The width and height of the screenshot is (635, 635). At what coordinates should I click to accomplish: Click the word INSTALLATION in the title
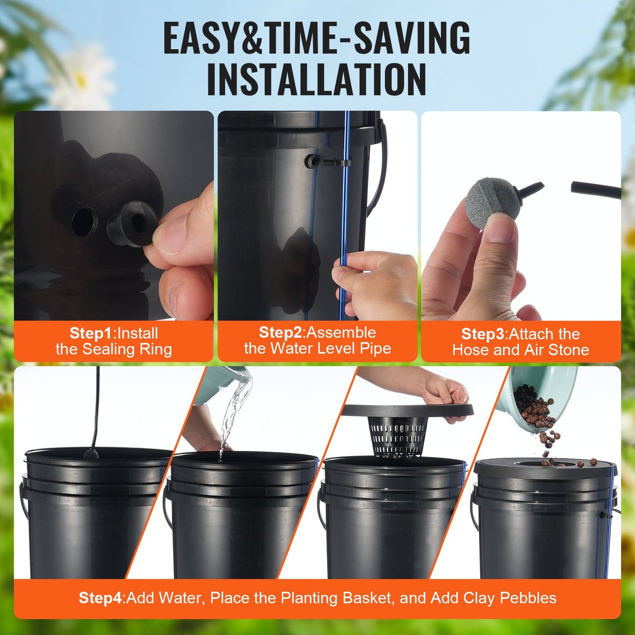(x=316, y=80)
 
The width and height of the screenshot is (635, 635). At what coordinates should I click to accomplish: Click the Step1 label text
(x=91, y=333)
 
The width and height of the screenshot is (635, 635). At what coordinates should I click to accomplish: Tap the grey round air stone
(x=489, y=200)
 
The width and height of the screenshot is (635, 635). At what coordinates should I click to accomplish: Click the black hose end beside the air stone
(x=595, y=189)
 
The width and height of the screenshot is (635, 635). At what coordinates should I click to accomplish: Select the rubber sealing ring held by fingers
(x=132, y=223)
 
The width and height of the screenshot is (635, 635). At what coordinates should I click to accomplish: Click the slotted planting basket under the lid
(x=397, y=435)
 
